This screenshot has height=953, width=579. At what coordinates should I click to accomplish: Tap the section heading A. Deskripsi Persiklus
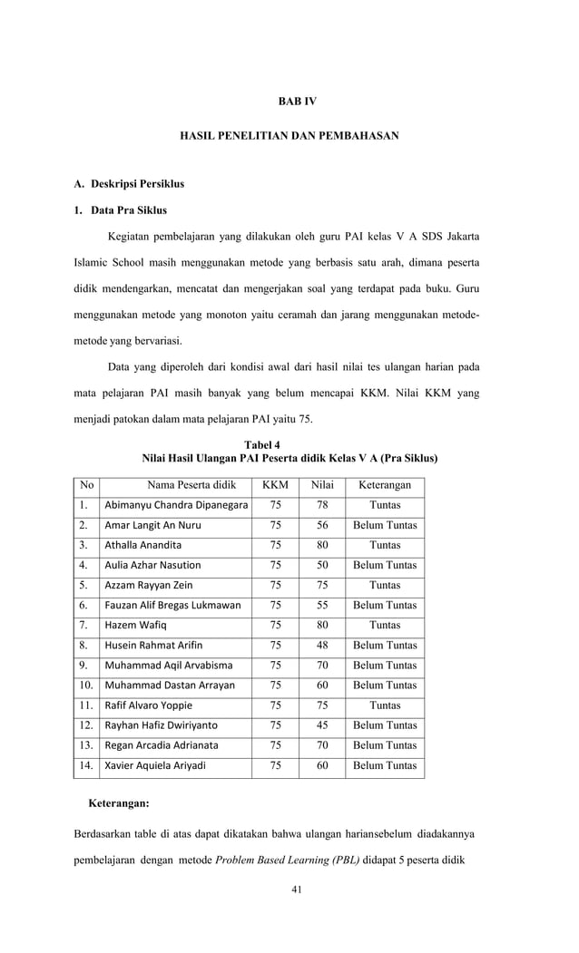point(129,184)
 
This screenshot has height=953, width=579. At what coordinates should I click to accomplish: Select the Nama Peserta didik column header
point(191,485)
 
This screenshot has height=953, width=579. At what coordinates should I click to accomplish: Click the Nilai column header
point(322,485)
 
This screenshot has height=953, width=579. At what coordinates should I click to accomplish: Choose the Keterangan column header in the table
point(385,485)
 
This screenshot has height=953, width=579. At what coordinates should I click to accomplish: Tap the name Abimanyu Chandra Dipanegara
point(176,505)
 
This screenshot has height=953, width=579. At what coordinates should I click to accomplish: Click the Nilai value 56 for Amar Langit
point(322,525)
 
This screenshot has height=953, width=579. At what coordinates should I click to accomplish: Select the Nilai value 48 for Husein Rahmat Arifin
point(322,645)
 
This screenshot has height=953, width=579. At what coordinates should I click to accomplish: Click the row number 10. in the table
point(85,686)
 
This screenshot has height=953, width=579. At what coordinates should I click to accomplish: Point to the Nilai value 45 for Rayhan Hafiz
point(322,725)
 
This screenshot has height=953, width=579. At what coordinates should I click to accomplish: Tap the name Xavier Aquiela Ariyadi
point(155,765)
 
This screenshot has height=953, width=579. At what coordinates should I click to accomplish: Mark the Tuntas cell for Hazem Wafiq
point(385,625)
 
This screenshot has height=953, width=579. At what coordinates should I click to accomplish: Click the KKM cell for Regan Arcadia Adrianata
point(276,745)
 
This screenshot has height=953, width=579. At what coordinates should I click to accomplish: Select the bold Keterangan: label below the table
point(119,803)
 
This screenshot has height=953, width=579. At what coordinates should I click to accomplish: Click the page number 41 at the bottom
point(296,889)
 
